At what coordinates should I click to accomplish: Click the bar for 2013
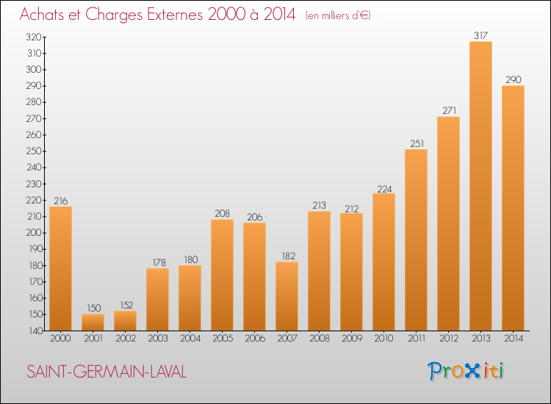click(x=480, y=186)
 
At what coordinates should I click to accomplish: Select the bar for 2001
click(x=93, y=322)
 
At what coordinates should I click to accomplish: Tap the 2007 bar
click(x=287, y=296)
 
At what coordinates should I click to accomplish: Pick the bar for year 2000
click(x=60, y=268)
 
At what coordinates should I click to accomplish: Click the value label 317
click(x=480, y=35)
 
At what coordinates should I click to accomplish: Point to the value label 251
click(x=417, y=143)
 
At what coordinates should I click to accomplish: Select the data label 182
click(x=288, y=256)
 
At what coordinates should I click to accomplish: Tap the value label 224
click(x=384, y=189)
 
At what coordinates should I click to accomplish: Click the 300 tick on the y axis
click(x=34, y=70)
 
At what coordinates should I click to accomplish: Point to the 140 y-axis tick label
click(x=35, y=331)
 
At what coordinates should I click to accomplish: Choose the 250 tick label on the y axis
click(x=34, y=151)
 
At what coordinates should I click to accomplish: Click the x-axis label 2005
click(x=223, y=338)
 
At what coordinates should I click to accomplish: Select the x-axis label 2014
click(x=514, y=338)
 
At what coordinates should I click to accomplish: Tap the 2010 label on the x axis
click(x=383, y=338)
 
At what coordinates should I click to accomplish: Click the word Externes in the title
click(x=175, y=15)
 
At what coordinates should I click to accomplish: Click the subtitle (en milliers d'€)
click(x=338, y=15)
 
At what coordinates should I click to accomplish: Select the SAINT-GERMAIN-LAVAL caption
click(x=107, y=372)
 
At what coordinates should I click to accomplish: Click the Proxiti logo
click(x=466, y=371)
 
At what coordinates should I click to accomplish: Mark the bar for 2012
click(x=448, y=223)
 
